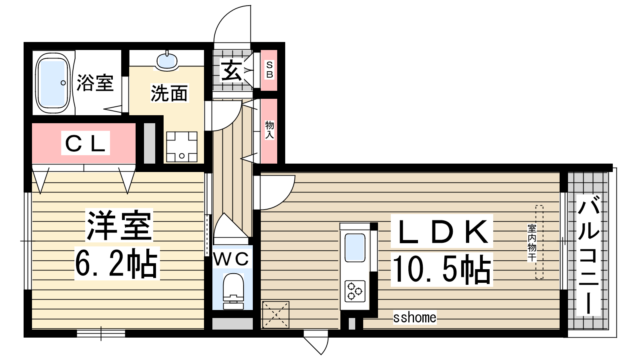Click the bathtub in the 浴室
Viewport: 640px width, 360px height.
tap(53, 83)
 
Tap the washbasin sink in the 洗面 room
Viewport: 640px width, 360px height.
tap(167, 61)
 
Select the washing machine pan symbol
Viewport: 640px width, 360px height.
tap(182, 147)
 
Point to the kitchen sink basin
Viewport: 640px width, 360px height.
tap(355, 248)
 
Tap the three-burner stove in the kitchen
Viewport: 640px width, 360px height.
tap(355, 291)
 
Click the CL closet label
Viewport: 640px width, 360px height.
tap(86, 143)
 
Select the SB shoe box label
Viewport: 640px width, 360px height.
tap(269, 70)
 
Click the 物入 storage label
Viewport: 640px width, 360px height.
tap(270, 130)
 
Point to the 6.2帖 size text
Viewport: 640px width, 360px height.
tap(117, 263)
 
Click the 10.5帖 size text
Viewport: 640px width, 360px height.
tap(442, 270)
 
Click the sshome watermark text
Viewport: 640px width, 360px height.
tap(414, 318)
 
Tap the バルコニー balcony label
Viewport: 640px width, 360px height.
tap(588, 255)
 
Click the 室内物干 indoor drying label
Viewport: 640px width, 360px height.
tap(532, 243)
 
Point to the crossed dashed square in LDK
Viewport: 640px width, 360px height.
tap(276, 314)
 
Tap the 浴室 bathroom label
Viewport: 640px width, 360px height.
tap(95, 83)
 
